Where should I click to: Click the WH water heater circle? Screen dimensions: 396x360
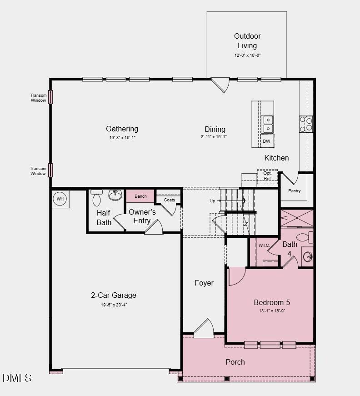coord(60,199)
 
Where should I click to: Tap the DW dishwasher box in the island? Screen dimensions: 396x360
coord(267,141)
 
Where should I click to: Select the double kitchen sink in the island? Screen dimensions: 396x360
coord(267,124)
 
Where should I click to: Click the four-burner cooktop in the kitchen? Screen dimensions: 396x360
coord(306,124)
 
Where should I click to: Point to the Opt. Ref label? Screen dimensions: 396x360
coord(267,176)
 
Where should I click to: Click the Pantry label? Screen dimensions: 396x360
coord(295,191)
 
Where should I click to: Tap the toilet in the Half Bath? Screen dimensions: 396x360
coord(96,198)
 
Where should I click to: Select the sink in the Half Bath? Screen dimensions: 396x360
coord(115,195)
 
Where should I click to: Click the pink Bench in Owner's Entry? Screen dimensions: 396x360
coord(140,196)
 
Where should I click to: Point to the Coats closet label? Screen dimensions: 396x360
coord(169,200)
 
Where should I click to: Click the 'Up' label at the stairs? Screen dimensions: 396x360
coord(212,201)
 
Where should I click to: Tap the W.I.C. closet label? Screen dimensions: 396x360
coord(264,246)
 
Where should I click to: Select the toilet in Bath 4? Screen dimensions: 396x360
coord(305,237)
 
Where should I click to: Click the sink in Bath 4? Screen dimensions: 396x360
coord(308,257)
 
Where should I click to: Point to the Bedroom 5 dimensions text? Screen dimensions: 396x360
coord(272,311)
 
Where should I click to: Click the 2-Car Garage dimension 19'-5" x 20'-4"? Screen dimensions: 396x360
coord(114,305)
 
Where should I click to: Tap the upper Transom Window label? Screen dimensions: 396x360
coord(38,98)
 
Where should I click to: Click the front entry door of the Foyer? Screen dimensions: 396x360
coord(204,329)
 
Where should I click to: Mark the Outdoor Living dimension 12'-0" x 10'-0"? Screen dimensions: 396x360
coord(247,55)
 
